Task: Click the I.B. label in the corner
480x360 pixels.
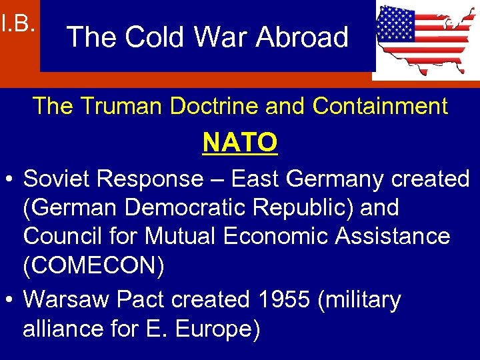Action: pos(17,25)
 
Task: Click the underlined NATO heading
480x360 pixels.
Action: pos(240,142)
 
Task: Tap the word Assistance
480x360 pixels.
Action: pos(389,236)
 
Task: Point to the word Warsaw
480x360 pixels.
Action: pos(67,301)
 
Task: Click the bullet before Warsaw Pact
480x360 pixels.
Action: pos(10,301)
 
